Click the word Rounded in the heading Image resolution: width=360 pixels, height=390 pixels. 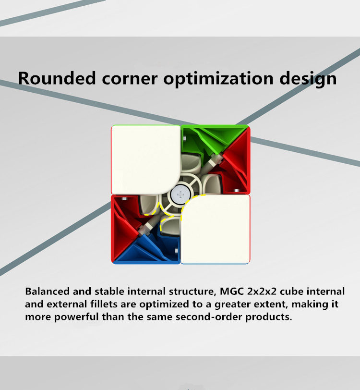[57, 78]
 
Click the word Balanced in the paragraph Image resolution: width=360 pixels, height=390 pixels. [47, 291]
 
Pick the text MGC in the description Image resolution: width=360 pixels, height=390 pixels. [232, 291]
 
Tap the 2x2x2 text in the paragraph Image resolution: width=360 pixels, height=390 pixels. [262, 291]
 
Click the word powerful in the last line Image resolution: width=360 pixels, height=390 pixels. [76, 317]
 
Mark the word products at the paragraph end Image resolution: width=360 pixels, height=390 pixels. [268, 317]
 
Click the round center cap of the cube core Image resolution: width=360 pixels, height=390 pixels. [180, 195]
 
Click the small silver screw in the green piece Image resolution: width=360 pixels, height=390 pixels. [184, 138]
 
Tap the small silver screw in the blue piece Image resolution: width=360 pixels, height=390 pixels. [177, 251]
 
